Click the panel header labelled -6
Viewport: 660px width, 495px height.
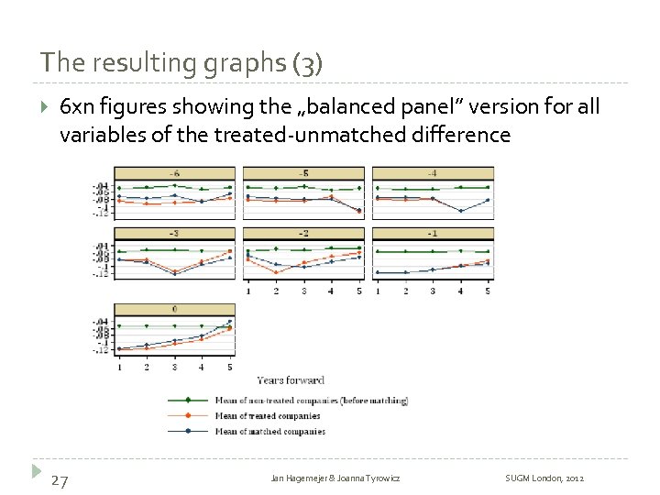click(x=174, y=173)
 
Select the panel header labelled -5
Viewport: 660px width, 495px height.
click(x=303, y=173)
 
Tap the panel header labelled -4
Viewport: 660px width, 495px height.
click(x=433, y=173)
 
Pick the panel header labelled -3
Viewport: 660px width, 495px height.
click(x=174, y=234)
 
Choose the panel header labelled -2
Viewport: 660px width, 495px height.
click(x=303, y=234)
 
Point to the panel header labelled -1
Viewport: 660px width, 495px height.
click(x=433, y=234)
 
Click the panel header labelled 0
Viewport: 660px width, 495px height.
click(x=174, y=309)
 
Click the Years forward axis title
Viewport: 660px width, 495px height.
click(x=291, y=380)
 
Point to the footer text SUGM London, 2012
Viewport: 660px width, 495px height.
click(x=544, y=479)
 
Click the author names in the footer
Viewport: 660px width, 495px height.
click(x=335, y=479)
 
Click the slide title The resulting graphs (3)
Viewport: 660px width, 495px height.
click(x=181, y=63)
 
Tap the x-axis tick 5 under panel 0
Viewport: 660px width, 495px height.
click(x=230, y=367)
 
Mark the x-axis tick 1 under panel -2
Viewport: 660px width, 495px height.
click(x=247, y=291)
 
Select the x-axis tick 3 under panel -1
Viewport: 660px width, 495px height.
click(x=433, y=291)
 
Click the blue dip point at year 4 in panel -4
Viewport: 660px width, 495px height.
click(x=460, y=211)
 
